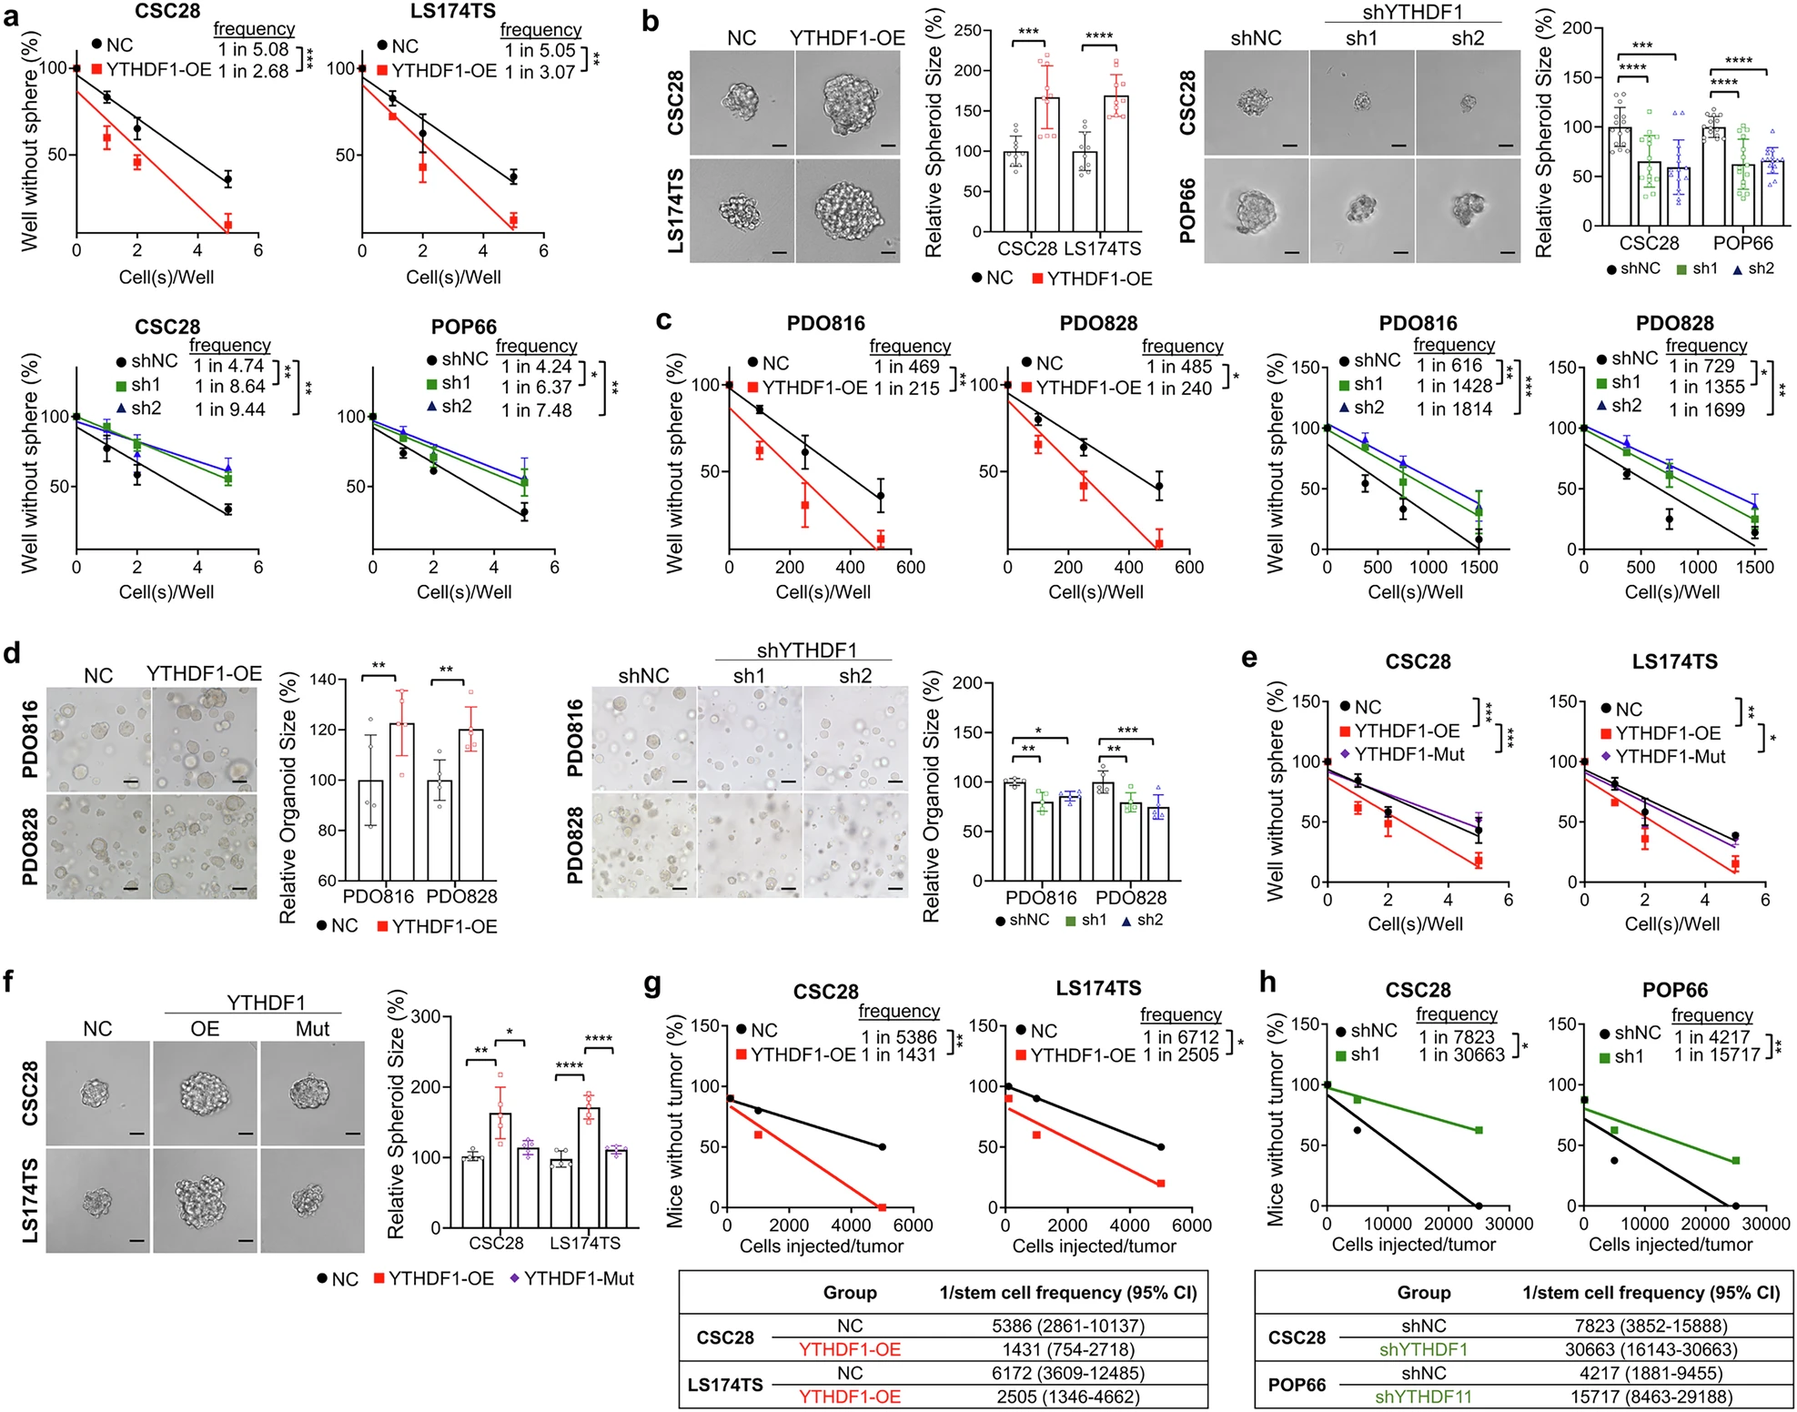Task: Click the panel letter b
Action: [x=650, y=20]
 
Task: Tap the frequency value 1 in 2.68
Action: [x=253, y=71]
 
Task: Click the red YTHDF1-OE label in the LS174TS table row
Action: [x=849, y=1397]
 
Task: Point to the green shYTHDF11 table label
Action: [x=1423, y=1397]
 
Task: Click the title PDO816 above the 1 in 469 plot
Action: [x=825, y=323]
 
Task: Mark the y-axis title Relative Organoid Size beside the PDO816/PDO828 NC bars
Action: [x=288, y=798]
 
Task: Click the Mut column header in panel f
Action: [x=312, y=1029]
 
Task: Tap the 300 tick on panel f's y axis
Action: [x=425, y=1016]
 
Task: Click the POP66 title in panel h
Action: [x=1674, y=990]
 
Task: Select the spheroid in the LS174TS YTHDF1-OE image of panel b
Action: [x=848, y=211]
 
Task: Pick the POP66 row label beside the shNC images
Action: [x=1187, y=211]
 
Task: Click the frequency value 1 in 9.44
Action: [x=230, y=409]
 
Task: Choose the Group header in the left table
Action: [x=849, y=1293]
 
